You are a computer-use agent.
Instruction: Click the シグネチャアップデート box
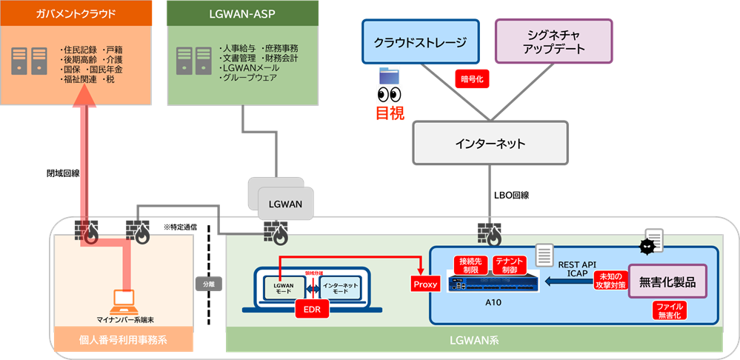coord(553,42)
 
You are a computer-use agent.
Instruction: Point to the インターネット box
coord(490,143)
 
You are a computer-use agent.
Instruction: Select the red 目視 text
coord(391,112)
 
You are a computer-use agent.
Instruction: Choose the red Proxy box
coord(425,284)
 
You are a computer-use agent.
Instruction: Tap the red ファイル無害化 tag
coord(668,310)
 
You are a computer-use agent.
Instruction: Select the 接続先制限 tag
coord(471,265)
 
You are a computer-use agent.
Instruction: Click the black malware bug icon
coord(647,245)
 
